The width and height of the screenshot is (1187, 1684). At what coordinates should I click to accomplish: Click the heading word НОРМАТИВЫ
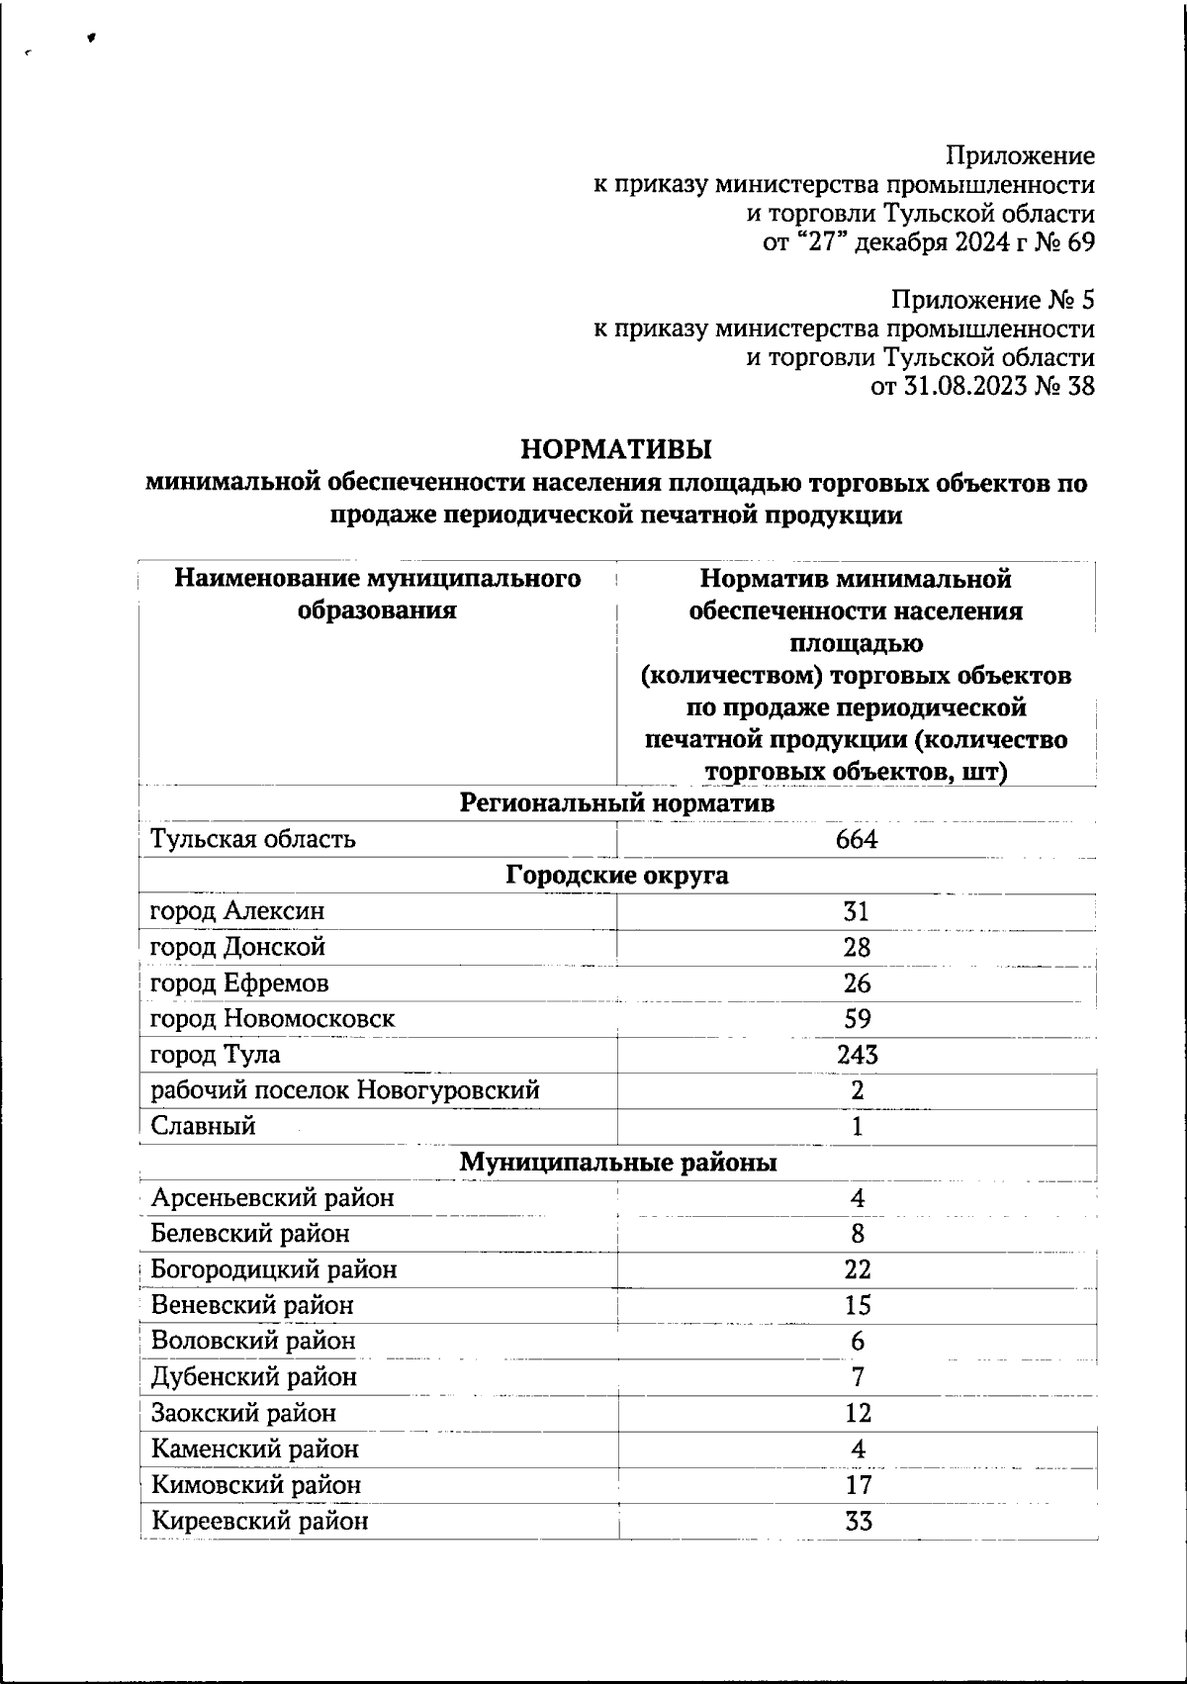[x=615, y=450]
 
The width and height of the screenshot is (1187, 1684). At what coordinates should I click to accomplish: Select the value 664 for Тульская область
[x=856, y=840]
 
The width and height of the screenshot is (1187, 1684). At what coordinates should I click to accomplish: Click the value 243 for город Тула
[x=856, y=1055]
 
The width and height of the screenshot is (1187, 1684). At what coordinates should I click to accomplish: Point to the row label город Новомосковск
[x=272, y=1019]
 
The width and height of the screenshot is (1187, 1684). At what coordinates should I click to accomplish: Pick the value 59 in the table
[x=857, y=1019]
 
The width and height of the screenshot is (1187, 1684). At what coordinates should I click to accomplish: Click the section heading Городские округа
[x=617, y=876]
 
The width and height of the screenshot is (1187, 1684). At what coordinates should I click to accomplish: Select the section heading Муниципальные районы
[x=617, y=1163]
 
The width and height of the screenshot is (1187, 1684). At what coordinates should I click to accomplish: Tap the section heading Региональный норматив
[x=617, y=803]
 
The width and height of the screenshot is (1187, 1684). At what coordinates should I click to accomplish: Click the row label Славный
[x=203, y=1126]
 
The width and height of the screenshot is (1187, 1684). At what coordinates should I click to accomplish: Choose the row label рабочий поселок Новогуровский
[x=344, y=1090]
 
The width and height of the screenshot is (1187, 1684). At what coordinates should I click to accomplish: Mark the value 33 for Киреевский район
[x=858, y=1521]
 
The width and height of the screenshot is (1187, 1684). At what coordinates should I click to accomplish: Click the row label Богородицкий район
[x=274, y=1269]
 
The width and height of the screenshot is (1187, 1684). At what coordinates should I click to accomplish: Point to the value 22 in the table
[x=858, y=1269]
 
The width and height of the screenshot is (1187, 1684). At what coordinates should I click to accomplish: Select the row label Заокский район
[x=243, y=1413]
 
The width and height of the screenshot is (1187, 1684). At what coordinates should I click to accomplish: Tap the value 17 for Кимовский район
[x=858, y=1485]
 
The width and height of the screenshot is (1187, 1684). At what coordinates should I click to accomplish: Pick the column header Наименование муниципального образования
[x=377, y=594]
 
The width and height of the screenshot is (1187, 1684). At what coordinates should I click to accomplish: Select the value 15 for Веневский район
[x=858, y=1305]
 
